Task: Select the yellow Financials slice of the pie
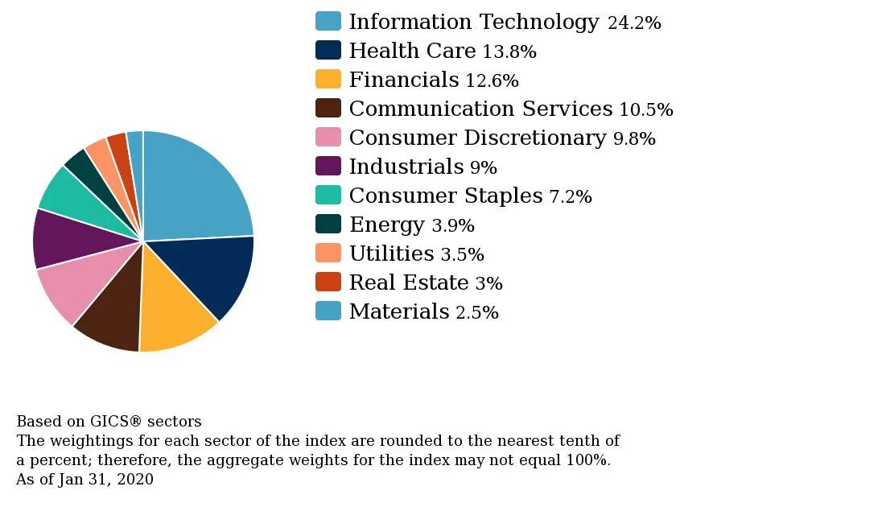[173, 310]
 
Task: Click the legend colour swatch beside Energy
[328, 224]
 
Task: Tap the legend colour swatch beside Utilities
[328, 253]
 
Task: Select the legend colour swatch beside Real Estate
[328, 282]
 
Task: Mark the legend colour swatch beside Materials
[328, 311]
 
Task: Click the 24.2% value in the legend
[634, 23]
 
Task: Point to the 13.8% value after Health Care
[509, 52]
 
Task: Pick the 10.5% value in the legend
[646, 109]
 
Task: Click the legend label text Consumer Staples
[446, 196]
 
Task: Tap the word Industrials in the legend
[406, 167]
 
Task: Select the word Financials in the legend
[404, 80]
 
